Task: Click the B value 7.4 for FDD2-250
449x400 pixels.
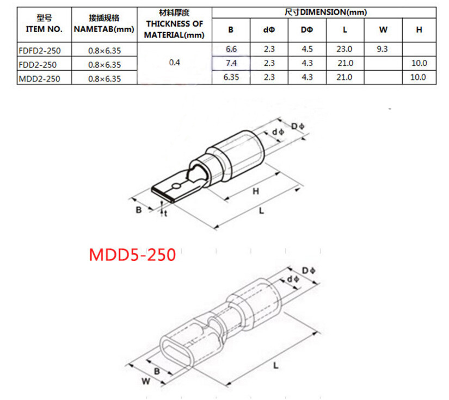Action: pos(231,64)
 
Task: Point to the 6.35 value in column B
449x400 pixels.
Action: pos(231,78)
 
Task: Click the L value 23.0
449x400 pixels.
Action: pos(344,49)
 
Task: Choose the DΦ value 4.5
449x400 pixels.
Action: pos(306,49)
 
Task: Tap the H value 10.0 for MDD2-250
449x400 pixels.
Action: pos(419,78)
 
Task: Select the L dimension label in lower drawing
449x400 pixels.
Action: pos(275,366)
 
